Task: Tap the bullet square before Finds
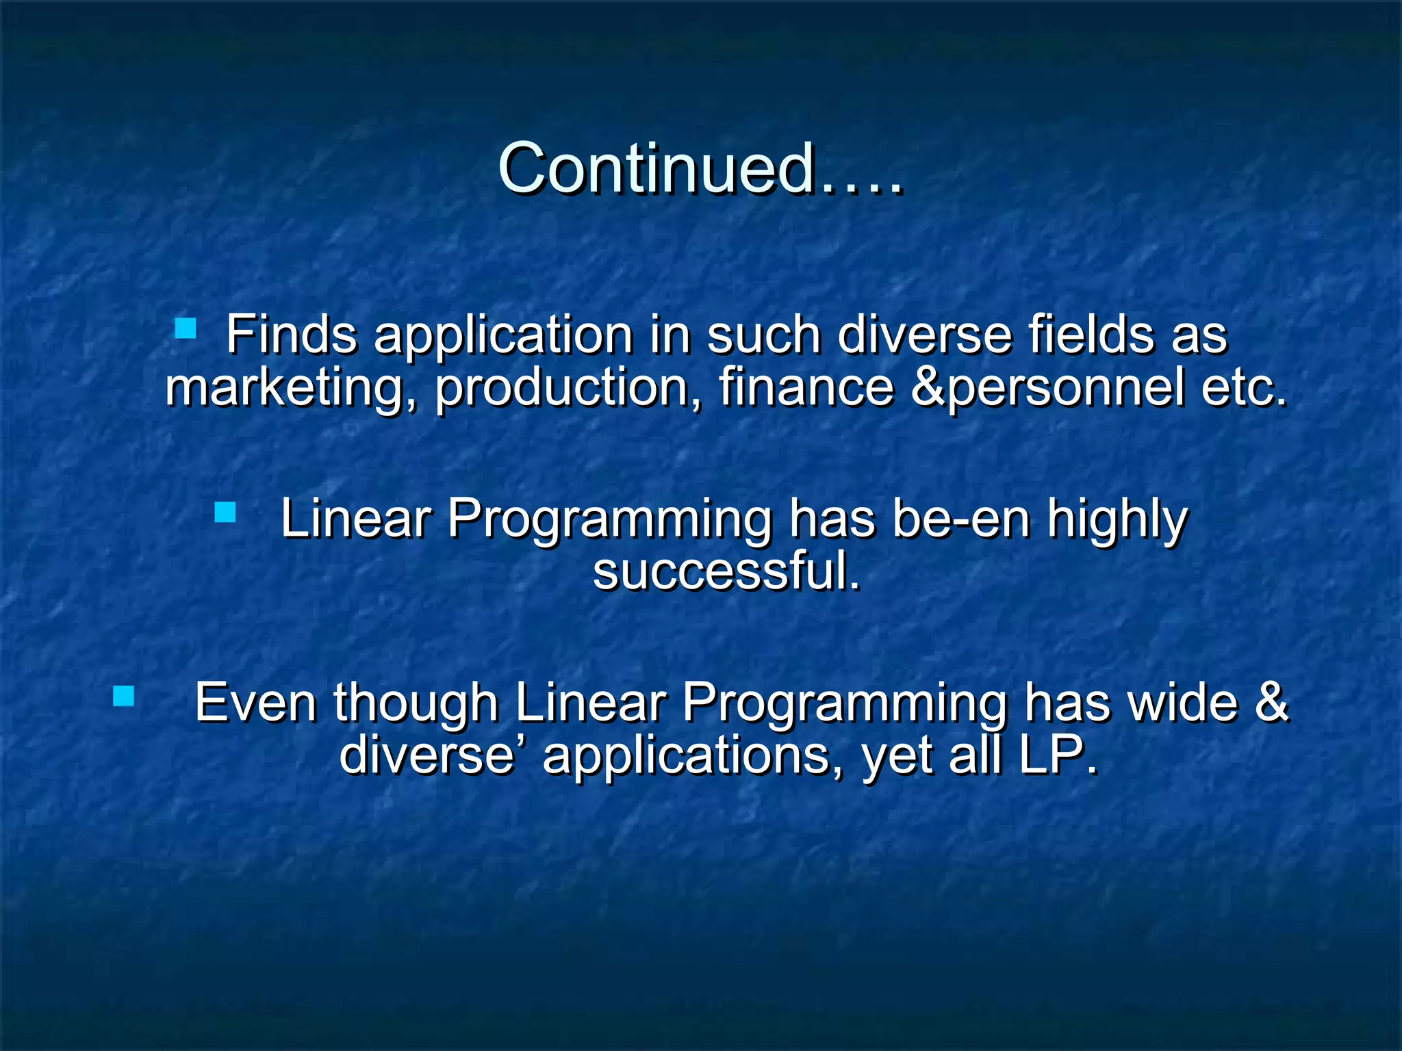click(x=186, y=328)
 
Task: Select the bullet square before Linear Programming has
click(x=225, y=512)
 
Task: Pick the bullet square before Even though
click(x=124, y=696)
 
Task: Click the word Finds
click(x=292, y=335)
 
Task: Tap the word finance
click(x=806, y=387)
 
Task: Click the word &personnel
click(x=1047, y=387)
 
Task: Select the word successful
click(x=726, y=571)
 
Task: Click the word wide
click(x=1182, y=703)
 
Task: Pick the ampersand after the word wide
click(x=1271, y=703)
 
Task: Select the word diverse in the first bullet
click(x=924, y=335)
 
